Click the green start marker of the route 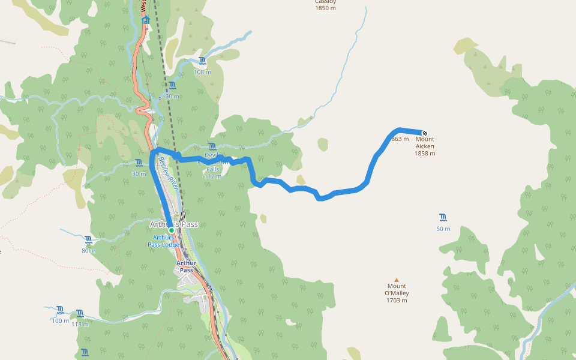(x=171, y=230)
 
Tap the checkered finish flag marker (x=425, y=133)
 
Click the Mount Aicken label (x=425, y=146)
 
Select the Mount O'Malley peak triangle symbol (x=396, y=280)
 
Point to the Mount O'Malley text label (x=397, y=293)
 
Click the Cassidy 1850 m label (x=325, y=5)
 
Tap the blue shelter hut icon (x=145, y=20)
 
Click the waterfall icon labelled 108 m (x=202, y=61)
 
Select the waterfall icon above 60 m (x=172, y=85)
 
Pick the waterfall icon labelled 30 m (x=139, y=163)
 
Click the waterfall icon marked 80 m (x=89, y=239)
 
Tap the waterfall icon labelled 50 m (x=443, y=217)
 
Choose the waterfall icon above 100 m (x=60, y=310)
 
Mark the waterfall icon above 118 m (x=80, y=313)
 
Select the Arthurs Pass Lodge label (x=163, y=241)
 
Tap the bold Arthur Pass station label (x=187, y=266)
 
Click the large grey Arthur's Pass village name (x=173, y=224)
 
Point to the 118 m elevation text (x=80, y=325)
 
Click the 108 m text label (x=202, y=72)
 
